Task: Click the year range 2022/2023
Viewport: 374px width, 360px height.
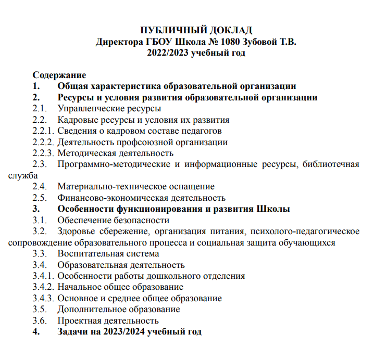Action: [x=168, y=53]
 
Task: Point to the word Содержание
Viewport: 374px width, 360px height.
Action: [x=59, y=75]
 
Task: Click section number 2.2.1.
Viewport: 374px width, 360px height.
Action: [x=43, y=131]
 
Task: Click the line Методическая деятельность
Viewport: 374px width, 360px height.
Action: [x=115, y=153]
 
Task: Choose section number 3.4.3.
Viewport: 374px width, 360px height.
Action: [x=43, y=299]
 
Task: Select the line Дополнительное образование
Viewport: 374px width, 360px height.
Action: [x=119, y=310]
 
